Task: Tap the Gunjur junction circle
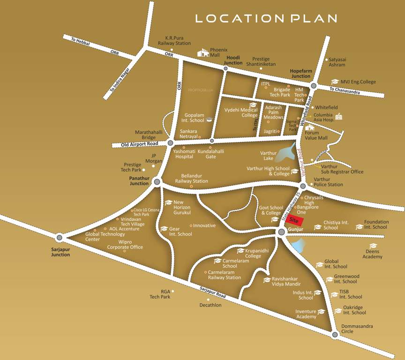pyautogui.click(x=281, y=232)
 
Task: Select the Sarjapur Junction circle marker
pyautogui.click(x=59, y=237)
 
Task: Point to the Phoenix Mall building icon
pyautogui.click(x=203, y=52)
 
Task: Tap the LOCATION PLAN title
pyautogui.click(x=266, y=19)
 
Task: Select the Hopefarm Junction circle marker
pyautogui.click(x=314, y=86)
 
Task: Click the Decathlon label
pyautogui.click(x=210, y=305)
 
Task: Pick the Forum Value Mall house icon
pyautogui.click(x=309, y=127)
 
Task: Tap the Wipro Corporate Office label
pyautogui.click(x=125, y=244)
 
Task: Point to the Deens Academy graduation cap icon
pyautogui.click(x=373, y=246)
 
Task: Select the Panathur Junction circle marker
pyautogui.click(x=157, y=181)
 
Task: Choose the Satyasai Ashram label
pyautogui.click(x=337, y=62)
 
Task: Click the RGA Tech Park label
pyautogui.click(x=160, y=294)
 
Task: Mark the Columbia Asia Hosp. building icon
pyautogui.click(x=338, y=116)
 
